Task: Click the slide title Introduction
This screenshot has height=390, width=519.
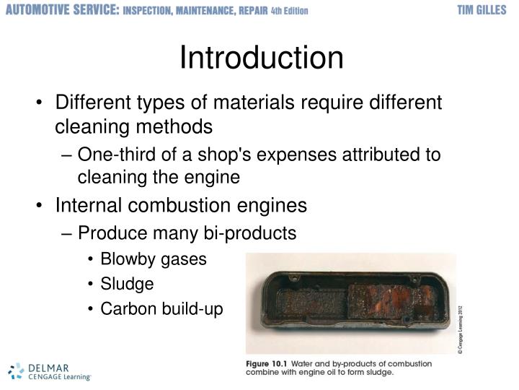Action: (261, 58)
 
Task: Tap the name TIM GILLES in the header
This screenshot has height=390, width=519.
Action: (485, 11)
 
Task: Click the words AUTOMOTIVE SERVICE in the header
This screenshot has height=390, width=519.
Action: (62, 11)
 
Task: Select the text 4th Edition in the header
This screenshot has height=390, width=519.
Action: (290, 12)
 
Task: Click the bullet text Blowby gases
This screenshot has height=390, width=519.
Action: (153, 259)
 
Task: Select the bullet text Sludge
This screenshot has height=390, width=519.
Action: (127, 284)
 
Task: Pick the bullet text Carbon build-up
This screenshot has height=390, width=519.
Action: (162, 308)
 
